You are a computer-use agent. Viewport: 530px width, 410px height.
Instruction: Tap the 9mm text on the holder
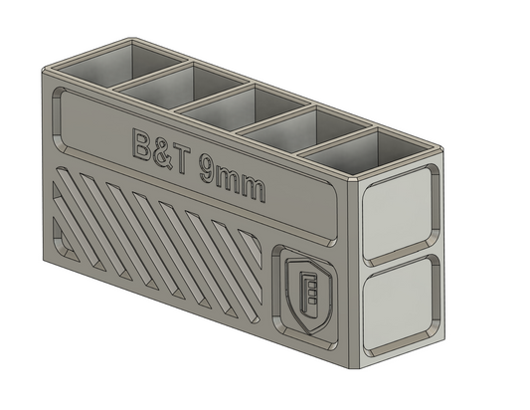click(x=232, y=179)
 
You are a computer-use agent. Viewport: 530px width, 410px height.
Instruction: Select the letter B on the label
click(x=143, y=141)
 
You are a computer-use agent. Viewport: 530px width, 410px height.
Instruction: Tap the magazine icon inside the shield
click(x=308, y=292)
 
